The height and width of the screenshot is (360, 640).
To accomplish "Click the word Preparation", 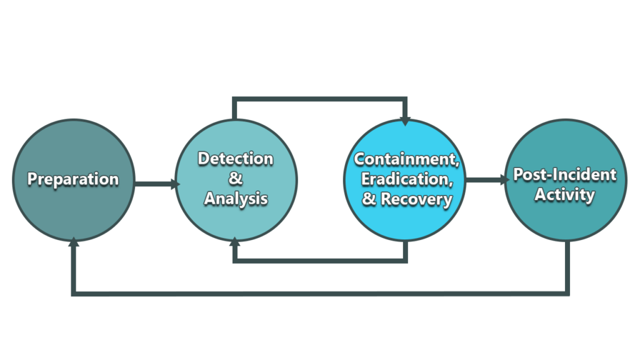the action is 73,179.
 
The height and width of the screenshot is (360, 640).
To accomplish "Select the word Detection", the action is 236,158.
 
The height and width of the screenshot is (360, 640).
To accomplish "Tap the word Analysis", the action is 236,199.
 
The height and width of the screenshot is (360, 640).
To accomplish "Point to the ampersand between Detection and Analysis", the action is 236,178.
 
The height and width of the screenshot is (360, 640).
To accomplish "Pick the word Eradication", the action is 407,179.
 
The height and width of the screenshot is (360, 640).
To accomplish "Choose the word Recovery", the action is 416,199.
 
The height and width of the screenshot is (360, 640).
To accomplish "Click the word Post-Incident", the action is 565,174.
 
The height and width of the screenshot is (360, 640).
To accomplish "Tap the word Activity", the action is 565,195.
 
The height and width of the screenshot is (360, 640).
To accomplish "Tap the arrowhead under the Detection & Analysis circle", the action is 235,242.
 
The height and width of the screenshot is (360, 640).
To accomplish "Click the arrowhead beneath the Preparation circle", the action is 74,242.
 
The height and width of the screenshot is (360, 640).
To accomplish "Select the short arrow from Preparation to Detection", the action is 157,184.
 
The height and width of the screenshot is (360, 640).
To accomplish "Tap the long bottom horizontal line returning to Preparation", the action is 321,294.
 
